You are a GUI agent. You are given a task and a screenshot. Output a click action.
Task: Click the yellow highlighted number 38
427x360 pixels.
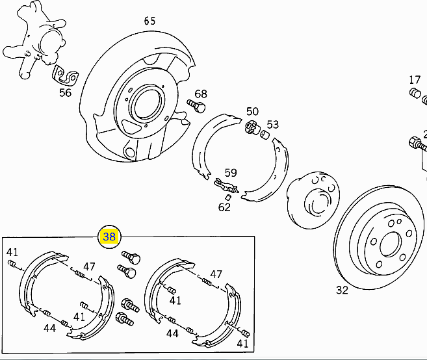109,237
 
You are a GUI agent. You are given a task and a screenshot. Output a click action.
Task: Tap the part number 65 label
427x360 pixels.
149,21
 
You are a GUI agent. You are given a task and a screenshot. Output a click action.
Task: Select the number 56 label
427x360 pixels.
65,93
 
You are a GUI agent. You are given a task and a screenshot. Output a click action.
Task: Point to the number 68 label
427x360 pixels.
201,94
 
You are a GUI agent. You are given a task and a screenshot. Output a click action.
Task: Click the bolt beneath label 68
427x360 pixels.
196,106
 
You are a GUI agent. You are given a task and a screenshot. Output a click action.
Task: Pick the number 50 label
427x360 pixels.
252,111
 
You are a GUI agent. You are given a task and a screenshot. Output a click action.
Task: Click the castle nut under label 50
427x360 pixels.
252,127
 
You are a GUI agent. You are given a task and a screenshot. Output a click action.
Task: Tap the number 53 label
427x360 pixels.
272,125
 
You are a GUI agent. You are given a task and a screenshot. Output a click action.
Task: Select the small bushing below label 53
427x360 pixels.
264,135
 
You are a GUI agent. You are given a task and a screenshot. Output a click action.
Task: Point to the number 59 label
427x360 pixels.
231,173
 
